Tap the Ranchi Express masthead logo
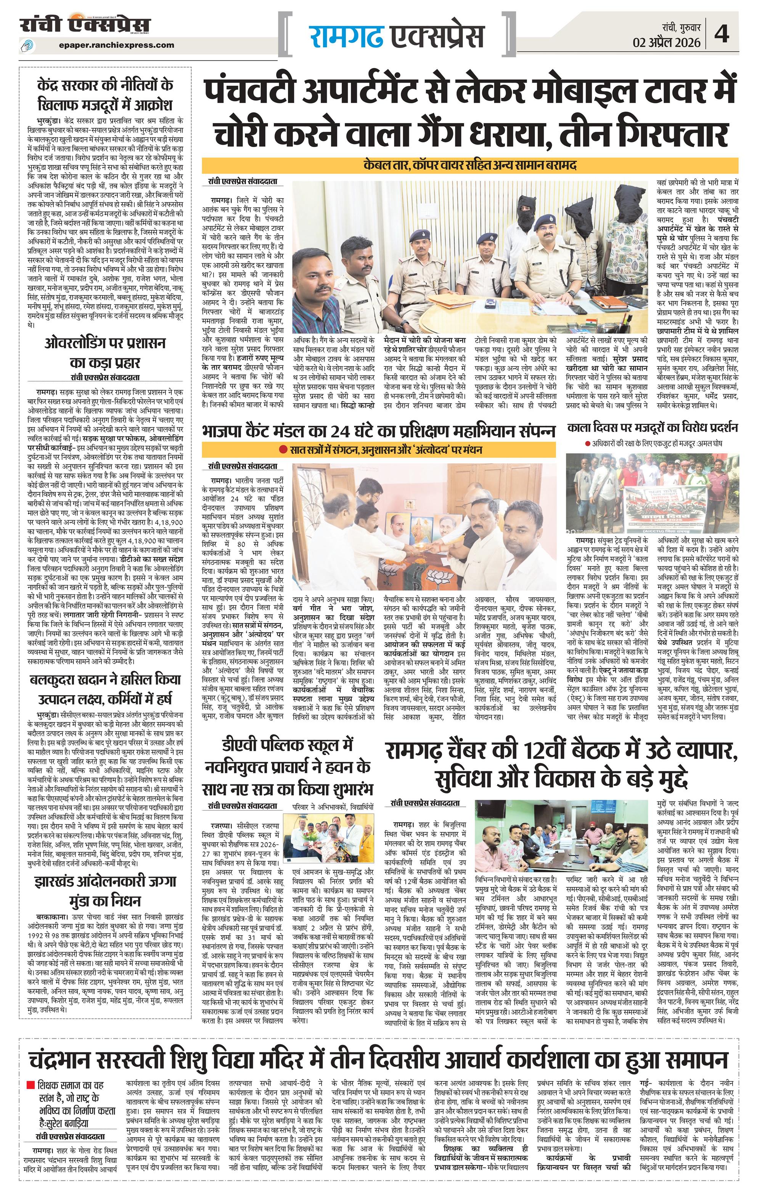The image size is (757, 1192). (85, 26)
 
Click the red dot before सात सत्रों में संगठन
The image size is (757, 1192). (282, 450)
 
